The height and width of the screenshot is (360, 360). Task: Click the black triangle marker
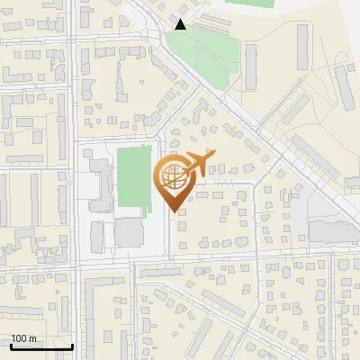pos(181,25)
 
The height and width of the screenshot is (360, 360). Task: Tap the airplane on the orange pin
pos(201,162)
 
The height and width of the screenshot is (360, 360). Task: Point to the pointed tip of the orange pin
pos(174,210)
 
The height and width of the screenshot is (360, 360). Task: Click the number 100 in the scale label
pos(19,338)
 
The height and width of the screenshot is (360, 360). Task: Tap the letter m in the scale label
pos(32,338)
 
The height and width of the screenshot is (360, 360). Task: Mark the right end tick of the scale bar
pos(72,346)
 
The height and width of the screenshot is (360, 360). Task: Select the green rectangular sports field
pos(133,177)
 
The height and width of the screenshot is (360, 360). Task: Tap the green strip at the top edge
pos(253,3)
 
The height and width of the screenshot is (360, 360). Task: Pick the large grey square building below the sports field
pos(129,232)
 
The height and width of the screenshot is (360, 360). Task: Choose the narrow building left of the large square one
pos(99,233)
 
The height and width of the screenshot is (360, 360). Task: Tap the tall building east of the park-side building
pos(302,49)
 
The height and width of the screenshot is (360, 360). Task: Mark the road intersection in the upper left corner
pos(71,39)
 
